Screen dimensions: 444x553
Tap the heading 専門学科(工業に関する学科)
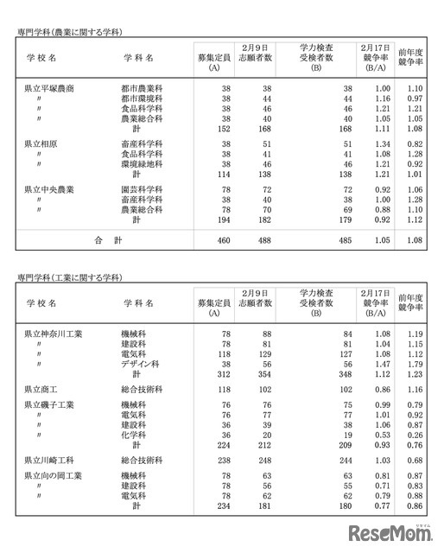coord(69,277)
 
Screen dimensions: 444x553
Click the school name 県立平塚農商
coord(49,89)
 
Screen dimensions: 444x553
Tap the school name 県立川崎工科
coord(49,461)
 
